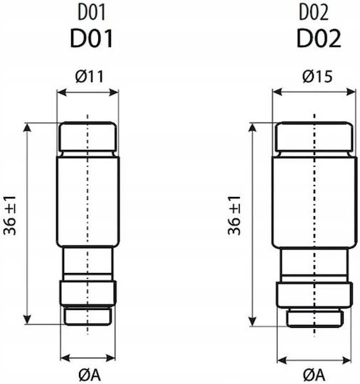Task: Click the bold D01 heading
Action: point(92,38)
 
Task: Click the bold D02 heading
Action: point(319,38)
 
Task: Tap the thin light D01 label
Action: point(92,12)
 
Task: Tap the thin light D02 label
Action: point(314,12)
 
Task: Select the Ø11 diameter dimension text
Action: point(90,76)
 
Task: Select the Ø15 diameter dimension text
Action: point(317,76)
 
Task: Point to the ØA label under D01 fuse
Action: point(90,375)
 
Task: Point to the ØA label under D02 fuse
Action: point(314,375)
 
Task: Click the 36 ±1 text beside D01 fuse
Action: point(10,215)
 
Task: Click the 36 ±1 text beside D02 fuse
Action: point(234,215)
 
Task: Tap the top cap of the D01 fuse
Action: point(88,137)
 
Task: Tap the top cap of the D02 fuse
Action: point(314,137)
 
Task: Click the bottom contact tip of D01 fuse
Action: point(88,316)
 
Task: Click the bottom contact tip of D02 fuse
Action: point(314,318)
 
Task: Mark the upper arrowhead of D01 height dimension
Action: point(27,127)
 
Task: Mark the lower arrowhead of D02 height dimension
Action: point(253,321)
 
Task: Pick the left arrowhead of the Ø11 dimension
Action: point(61,92)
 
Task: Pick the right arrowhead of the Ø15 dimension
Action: point(351,92)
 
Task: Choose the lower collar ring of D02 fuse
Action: point(314,294)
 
